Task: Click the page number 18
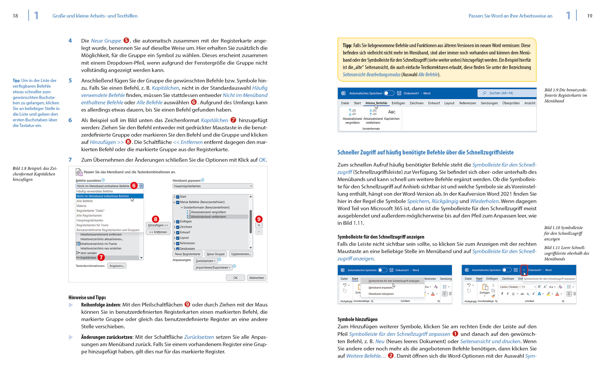[x=15, y=16]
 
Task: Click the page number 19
[x=589, y=16]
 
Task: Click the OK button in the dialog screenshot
[x=235, y=278]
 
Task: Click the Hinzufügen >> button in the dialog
[x=158, y=225]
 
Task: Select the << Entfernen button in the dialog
[x=158, y=232]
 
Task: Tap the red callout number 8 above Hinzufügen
[x=155, y=219]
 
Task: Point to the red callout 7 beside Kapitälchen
[x=101, y=257]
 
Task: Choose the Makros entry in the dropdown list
[x=81, y=206]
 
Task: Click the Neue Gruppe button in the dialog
[x=216, y=254]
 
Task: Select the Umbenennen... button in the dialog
[x=241, y=254]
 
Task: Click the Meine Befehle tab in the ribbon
[x=376, y=103]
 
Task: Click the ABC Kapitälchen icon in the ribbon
[x=391, y=114]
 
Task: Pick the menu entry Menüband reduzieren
[x=381, y=294]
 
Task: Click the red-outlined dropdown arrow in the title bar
[x=524, y=270]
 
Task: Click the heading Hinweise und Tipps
[x=87, y=297]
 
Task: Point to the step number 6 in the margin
[x=70, y=120]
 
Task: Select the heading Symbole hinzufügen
[x=357, y=319]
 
